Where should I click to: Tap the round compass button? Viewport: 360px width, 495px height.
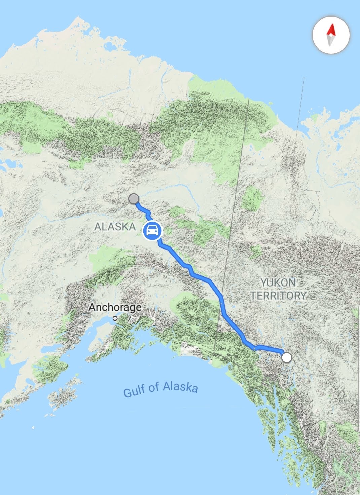[x=331, y=35]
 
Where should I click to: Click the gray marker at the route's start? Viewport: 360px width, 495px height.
[x=134, y=199]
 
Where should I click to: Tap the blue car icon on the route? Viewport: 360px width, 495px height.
[x=152, y=231]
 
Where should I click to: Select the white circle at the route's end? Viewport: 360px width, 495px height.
[x=286, y=357]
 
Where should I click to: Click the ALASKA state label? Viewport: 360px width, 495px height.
[x=115, y=227]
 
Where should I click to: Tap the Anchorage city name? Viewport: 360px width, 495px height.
[x=115, y=307]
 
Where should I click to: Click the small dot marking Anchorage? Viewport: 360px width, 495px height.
[x=115, y=318]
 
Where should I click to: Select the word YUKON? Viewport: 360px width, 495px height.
[x=279, y=283]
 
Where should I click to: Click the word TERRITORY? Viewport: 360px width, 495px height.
[x=279, y=296]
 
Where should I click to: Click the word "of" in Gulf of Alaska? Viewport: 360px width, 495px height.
[x=154, y=387]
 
